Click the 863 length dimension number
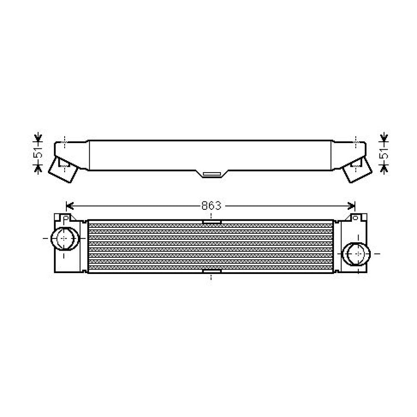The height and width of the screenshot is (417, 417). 211,206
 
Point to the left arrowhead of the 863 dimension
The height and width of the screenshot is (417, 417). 69,206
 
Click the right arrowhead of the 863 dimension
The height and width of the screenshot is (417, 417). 352,206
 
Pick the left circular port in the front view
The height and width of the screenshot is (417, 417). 65,239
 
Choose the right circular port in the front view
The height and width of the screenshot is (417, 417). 356,254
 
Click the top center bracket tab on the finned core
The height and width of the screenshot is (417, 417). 212,222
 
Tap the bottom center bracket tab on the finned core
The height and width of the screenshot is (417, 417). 212,271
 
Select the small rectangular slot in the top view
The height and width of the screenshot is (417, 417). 212,174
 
